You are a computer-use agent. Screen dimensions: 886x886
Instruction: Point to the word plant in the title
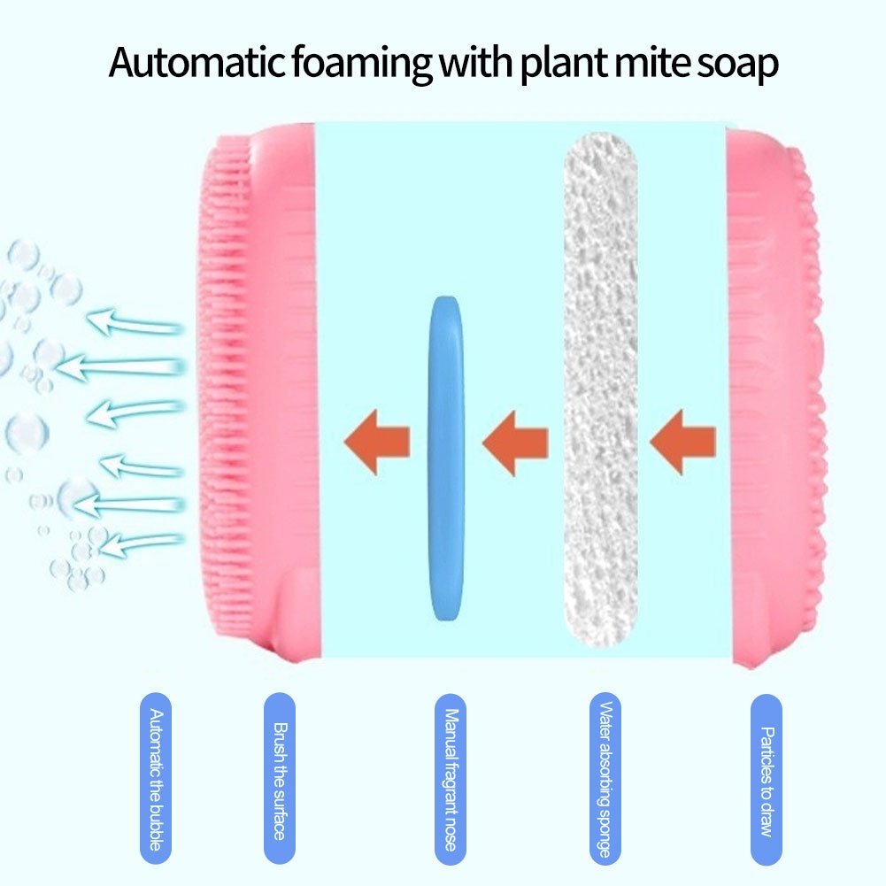[557, 65]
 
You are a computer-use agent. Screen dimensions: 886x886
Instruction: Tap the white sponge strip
[601, 398]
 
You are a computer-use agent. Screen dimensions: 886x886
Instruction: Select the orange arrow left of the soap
[377, 438]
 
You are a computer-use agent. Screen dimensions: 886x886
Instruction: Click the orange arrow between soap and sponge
[515, 438]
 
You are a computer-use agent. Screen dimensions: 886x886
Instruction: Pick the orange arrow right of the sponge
[682, 438]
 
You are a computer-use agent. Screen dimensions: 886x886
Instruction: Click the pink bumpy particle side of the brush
[797, 398]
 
